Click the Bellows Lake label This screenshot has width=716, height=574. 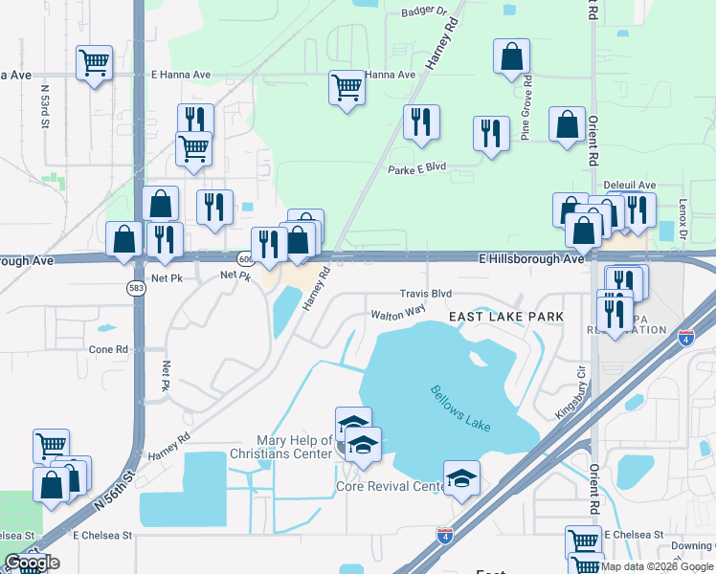pos(460,408)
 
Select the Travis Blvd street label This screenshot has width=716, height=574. pos(425,295)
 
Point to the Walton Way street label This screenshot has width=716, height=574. pos(398,312)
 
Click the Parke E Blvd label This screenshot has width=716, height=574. pos(417,168)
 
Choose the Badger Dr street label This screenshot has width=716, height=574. pos(424,12)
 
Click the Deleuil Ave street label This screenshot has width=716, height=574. pos(629,185)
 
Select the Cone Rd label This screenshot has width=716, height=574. pos(108,350)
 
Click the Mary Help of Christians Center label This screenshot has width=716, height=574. pos(280,447)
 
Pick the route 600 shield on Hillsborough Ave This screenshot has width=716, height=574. pos(245,259)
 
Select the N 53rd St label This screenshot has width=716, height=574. pos(45,106)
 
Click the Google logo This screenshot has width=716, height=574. pos(31,563)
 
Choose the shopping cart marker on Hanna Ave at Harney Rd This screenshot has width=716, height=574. pos(347,88)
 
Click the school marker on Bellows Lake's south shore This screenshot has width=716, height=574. pos(461,477)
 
